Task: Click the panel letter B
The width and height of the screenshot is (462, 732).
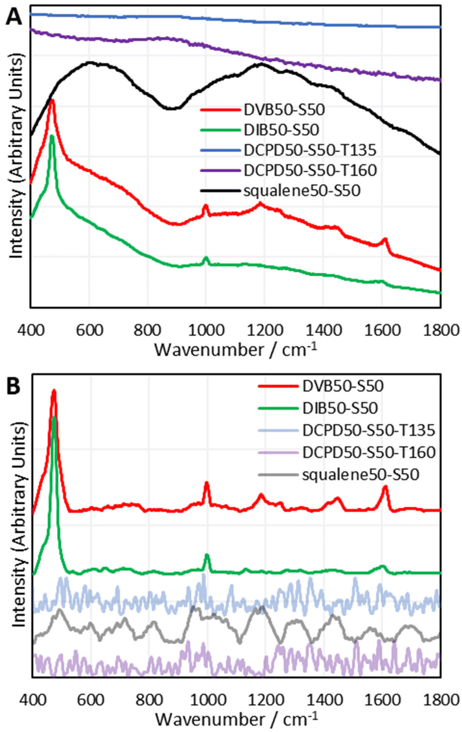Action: (x=14, y=385)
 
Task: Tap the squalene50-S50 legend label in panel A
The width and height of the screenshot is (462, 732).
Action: (x=303, y=191)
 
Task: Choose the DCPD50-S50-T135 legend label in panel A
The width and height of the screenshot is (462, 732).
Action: (x=310, y=150)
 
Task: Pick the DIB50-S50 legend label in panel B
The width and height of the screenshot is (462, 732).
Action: (x=340, y=408)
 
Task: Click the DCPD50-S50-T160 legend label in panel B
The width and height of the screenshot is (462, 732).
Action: (x=369, y=452)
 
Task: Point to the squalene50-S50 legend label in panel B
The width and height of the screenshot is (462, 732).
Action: (x=360, y=475)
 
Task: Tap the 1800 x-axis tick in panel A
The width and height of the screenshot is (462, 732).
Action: (x=439, y=330)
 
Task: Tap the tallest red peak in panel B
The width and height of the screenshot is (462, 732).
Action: (x=53, y=392)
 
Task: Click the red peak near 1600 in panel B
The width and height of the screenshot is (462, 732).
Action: (x=385, y=487)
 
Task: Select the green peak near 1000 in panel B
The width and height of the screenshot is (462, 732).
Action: (x=207, y=555)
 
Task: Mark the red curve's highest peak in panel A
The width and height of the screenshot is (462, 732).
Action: (x=51, y=100)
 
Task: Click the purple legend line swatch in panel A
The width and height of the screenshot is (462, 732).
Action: (x=219, y=170)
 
